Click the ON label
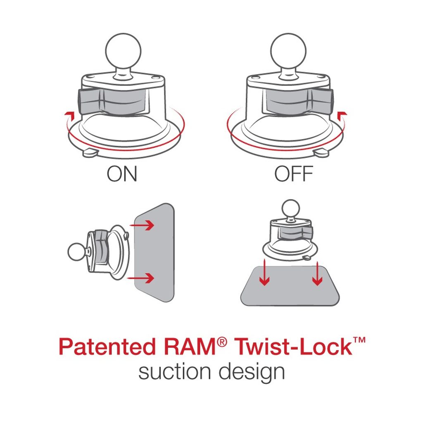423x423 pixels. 122,174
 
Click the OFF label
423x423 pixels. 294,174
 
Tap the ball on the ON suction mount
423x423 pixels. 123,51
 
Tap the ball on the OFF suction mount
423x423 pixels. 288,51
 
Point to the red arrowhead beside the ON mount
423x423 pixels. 69,115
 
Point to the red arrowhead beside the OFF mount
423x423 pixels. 342,115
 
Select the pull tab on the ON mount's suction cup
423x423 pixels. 90,153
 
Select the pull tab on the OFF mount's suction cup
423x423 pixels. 321,153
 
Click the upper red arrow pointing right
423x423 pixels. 142,225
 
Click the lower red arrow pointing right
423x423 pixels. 141,278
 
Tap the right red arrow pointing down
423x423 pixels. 317,273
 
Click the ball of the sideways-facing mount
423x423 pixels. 76,252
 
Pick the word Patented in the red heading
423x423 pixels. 107,347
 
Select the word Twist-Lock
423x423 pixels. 293,347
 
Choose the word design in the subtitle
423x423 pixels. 252,373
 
